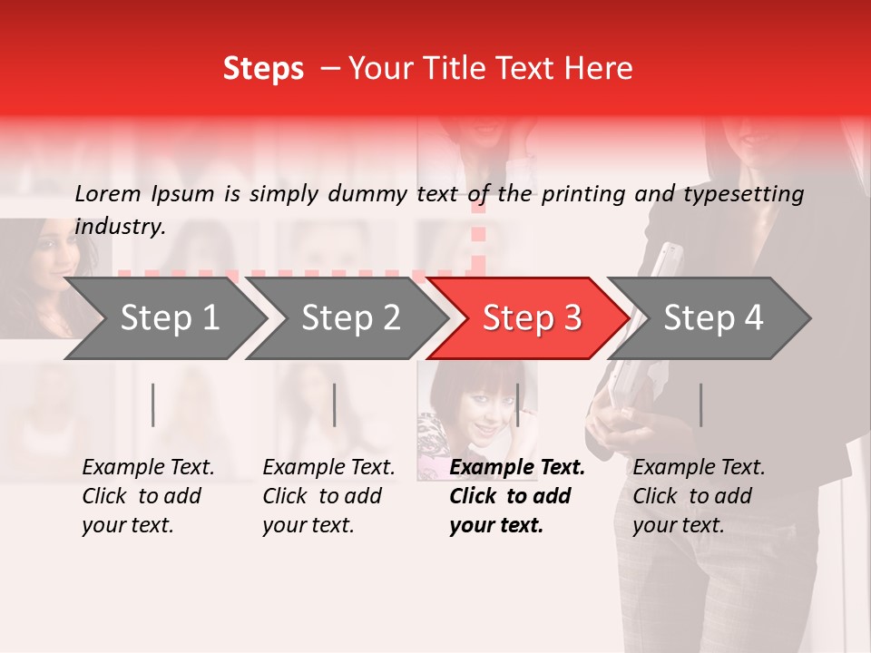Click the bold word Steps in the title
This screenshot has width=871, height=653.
pyautogui.click(x=263, y=69)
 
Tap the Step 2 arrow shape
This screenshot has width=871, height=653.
pyautogui.click(x=350, y=317)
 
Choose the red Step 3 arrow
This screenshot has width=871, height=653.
pyautogui.click(x=531, y=317)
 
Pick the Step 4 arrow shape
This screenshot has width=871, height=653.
pyautogui.click(x=712, y=317)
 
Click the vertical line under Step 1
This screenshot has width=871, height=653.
pyautogui.click(x=153, y=404)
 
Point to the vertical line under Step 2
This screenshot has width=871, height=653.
pyautogui.click(x=335, y=404)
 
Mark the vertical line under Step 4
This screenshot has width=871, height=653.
pyautogui.click(x=700, y=404)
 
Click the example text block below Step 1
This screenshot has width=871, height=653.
pyautogui.click(x=148, y=496)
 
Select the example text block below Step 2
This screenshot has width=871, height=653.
pyautogui.click(x=328, y=496)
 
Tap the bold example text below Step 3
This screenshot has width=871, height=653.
pyautogui.click(x=517, y=496)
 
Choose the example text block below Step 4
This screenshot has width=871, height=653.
pyautogui.click(x=699, y=496)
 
